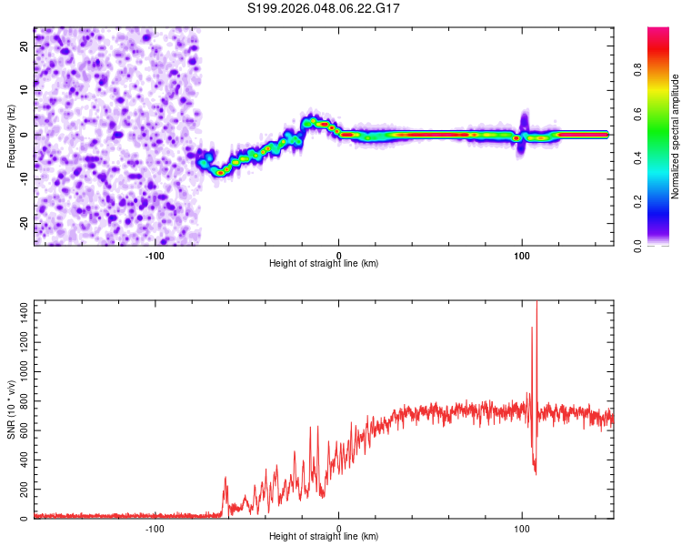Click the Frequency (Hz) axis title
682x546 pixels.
11,136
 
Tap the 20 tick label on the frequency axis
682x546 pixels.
24,45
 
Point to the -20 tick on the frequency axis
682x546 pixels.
22,223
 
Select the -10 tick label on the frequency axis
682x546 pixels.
22,178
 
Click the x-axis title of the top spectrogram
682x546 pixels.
324,264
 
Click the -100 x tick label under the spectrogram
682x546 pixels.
155,256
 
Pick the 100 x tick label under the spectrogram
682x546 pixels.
522,256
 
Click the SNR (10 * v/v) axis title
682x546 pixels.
11,409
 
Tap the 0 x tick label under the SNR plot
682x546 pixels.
339,529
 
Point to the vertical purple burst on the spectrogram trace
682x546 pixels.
524,123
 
